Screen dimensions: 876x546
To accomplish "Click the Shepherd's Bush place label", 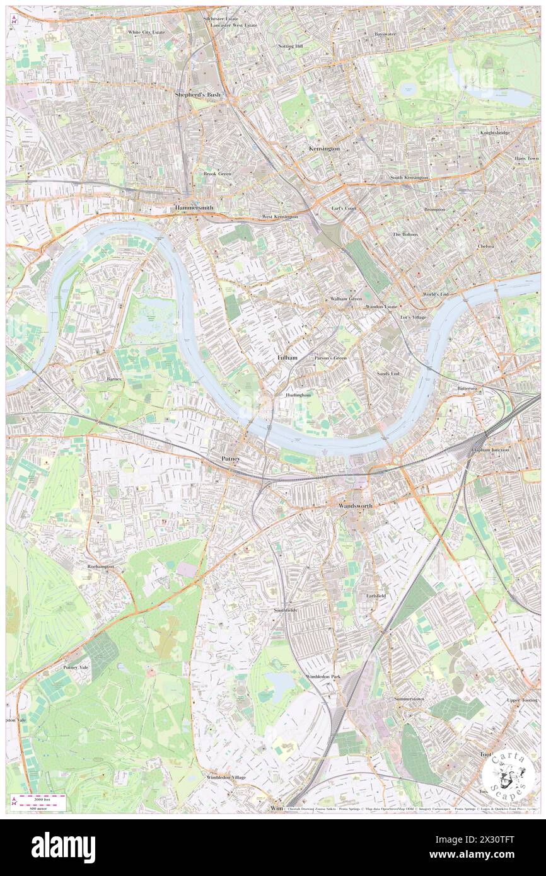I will click(197, 95).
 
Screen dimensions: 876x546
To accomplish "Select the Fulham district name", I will click(287, 357).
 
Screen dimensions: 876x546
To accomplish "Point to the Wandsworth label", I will click(355, 506).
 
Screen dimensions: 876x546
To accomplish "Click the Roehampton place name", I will click(101, 567).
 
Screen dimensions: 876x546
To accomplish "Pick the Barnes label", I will click(114, 379).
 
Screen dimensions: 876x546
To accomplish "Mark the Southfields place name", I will click(285, 610).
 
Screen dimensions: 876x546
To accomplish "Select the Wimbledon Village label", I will click(226, 777).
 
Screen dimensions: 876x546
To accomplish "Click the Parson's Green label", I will click(331, 358).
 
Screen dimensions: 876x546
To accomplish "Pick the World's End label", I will click(435, 294).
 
